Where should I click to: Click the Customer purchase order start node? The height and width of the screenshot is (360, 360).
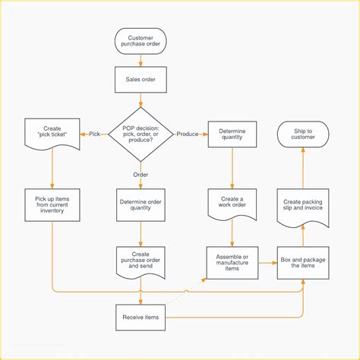coord(141,43)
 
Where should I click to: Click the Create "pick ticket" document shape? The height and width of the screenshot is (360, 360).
coord(52,133)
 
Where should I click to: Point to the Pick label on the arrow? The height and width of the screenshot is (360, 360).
coord(94,134)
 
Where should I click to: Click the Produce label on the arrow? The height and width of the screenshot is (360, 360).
coord(188,134)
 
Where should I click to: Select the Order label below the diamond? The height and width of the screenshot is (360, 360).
coord(141,174)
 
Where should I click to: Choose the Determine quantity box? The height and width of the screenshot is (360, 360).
coord(232,134)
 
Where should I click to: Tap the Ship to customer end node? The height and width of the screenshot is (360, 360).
coord(303,134)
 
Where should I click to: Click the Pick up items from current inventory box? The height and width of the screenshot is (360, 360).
coord(52,205)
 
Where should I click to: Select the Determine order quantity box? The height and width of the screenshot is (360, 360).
coord(141,205)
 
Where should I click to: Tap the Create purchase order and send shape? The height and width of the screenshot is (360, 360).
coord(141,262)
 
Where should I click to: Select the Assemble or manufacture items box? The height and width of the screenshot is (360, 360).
coord(232,263)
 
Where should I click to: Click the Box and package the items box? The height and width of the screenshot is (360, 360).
coord(303,263)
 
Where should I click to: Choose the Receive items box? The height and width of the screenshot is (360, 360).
coord(141,317)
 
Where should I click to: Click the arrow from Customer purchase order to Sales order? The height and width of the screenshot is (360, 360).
coord(141,61)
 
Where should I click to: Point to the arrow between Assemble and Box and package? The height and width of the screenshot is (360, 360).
coord(267,263)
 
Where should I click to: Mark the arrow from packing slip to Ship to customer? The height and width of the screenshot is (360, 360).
coord(303,167)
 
